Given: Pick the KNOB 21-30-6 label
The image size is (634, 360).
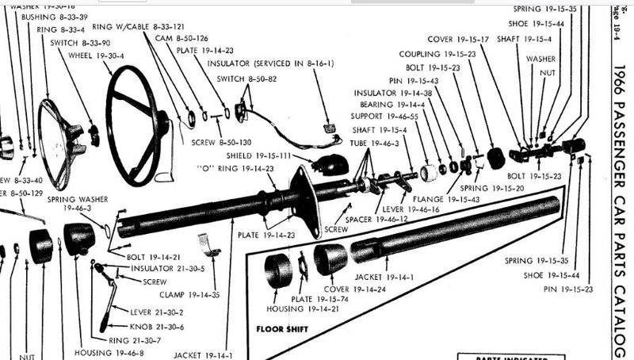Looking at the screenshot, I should (x=157, y=327).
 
